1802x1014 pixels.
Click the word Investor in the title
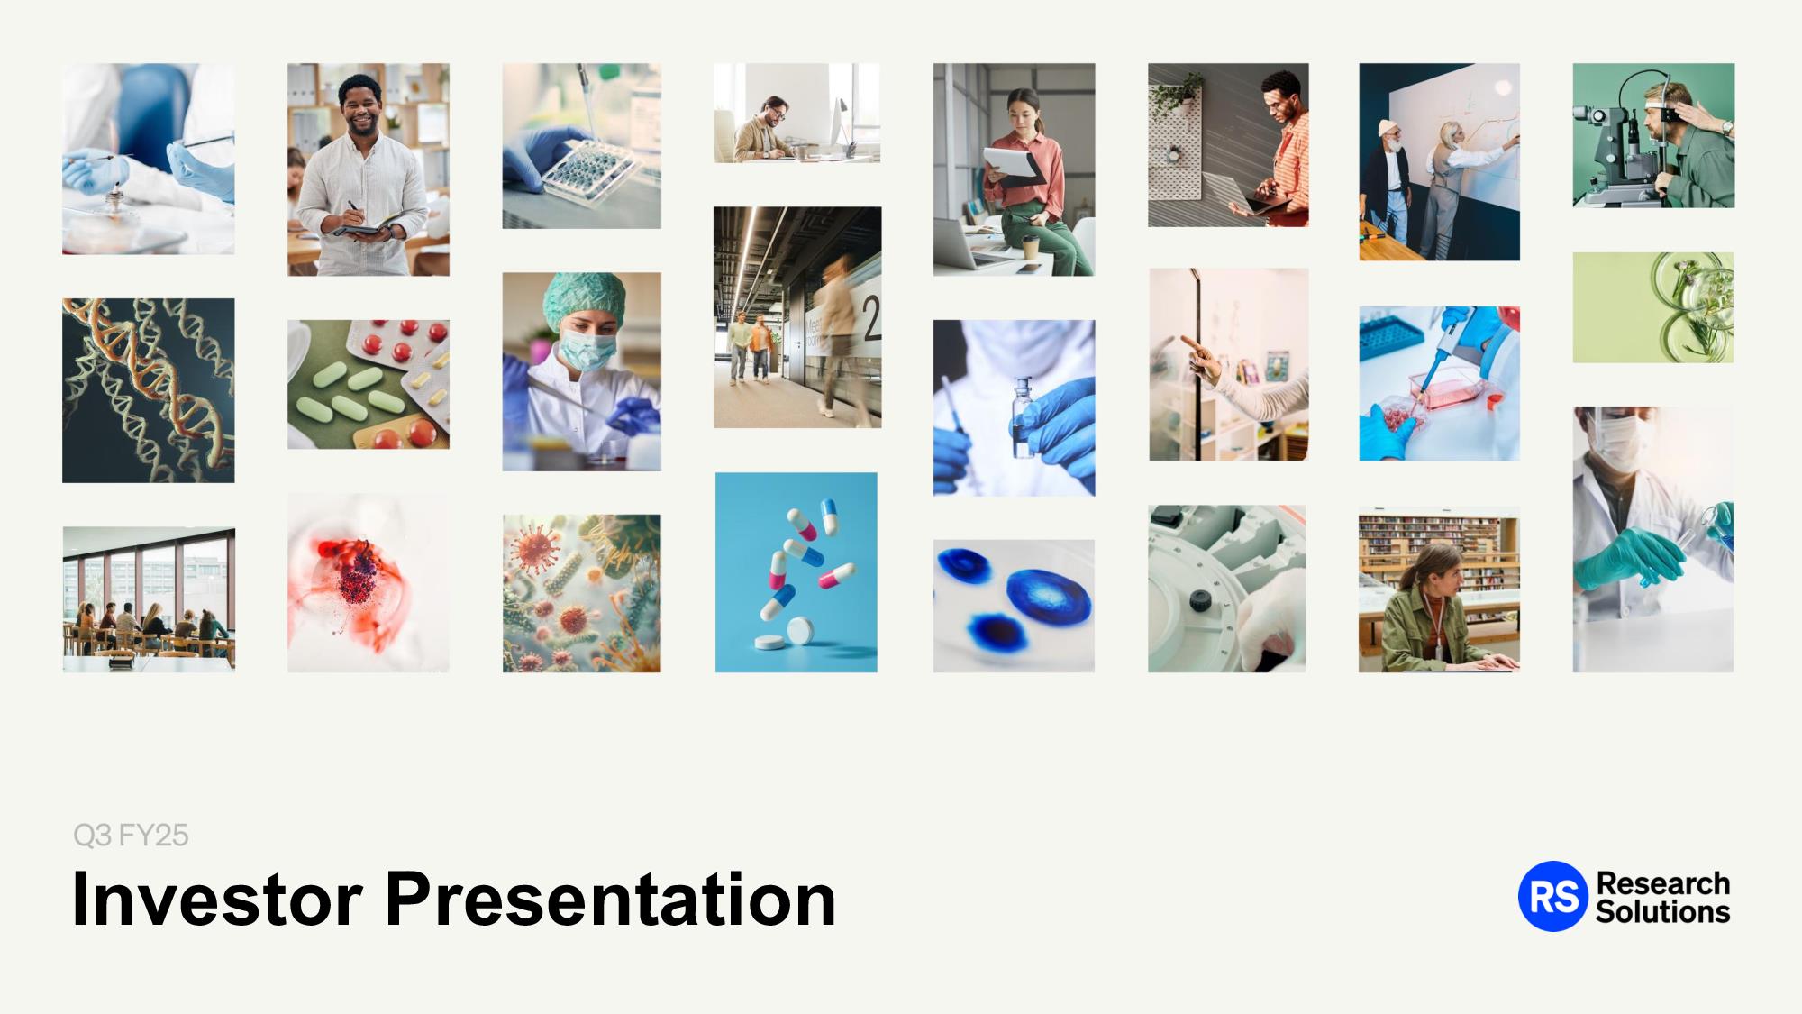217,899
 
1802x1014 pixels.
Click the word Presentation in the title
611,899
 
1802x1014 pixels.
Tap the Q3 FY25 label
131,836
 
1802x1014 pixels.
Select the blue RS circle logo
1553,896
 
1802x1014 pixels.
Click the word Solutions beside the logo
1662,912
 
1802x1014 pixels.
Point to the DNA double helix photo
149,390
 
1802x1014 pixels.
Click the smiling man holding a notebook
362,176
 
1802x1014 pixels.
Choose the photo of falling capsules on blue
796,572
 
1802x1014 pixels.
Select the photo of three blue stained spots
1014,606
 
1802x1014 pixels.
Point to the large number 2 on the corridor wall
871,318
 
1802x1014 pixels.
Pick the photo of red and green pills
369,384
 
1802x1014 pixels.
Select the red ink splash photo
369,582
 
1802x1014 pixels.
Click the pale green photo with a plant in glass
1653,307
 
